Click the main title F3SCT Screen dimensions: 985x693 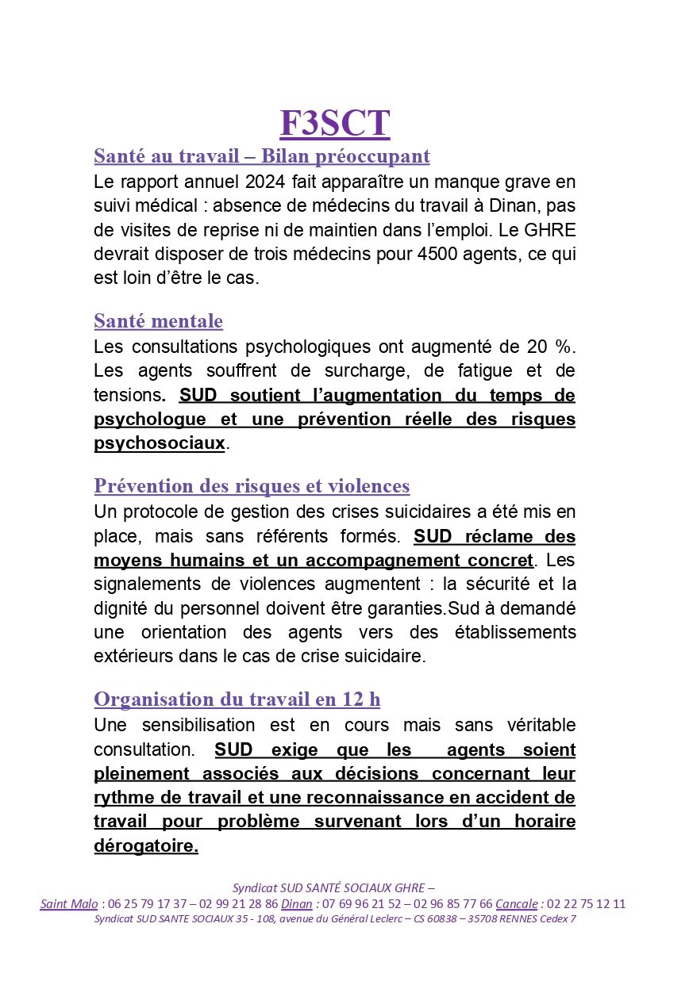click(334, 124)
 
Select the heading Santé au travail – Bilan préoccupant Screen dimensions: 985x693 click(261, 156)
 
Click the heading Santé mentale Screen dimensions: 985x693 click(158, 321)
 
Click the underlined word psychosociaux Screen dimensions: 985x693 click(160, 443)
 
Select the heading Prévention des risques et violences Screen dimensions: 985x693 click(252, 486)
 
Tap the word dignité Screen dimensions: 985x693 click(121, 608)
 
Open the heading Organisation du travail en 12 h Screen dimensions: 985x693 click(237, 699)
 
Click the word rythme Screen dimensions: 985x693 click(120, 797)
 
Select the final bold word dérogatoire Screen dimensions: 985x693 click(145, 846)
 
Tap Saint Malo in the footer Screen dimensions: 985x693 click(69, 904)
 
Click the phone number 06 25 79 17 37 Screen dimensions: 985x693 click(148, 904)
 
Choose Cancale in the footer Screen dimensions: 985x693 click(516, 904)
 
